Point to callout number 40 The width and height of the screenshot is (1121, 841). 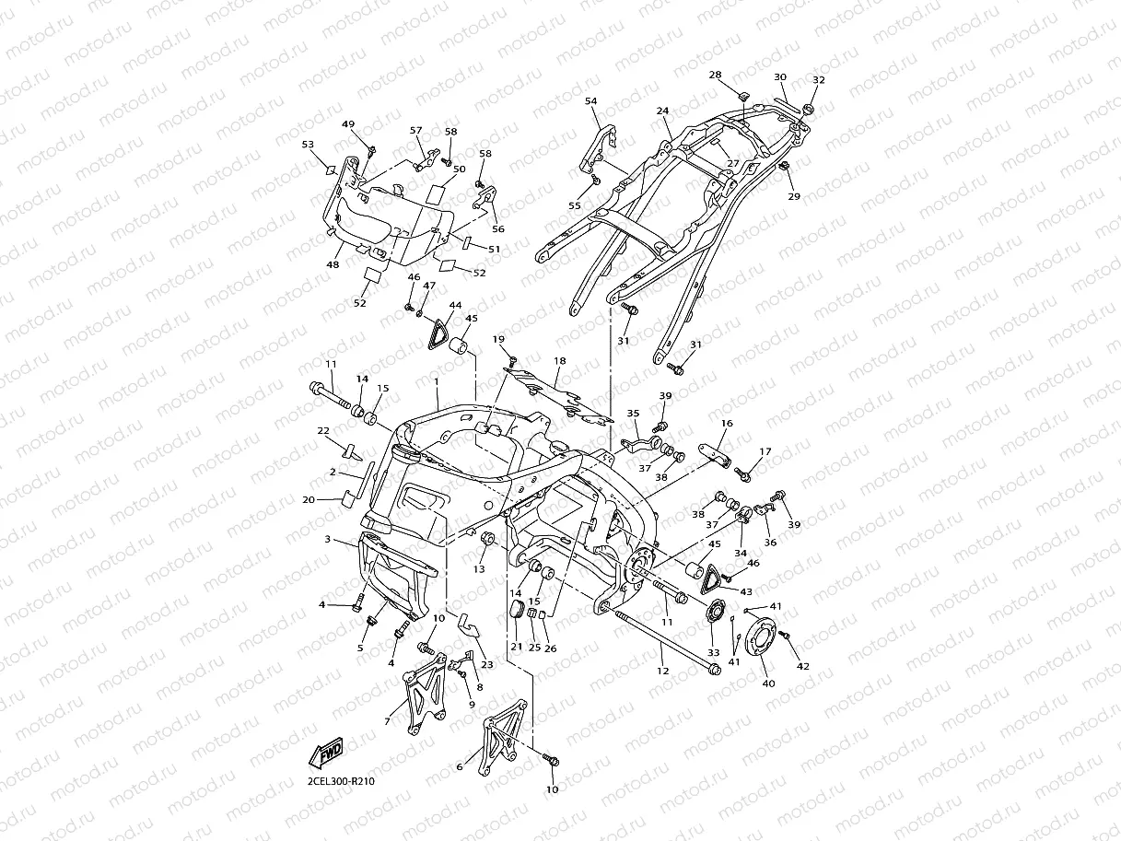(x=767, y=684)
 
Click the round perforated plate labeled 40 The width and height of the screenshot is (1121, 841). (x=762, y=636)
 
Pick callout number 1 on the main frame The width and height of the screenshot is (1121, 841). (x=436, y=380)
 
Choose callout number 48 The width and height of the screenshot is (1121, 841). (x=333, y=264)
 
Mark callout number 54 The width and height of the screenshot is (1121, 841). (x=590, y=100)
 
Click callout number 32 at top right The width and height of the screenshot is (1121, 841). (x=818, y=81)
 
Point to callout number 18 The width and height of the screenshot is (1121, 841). (x=559, y=361)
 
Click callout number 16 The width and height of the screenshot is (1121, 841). (x=727, y=424)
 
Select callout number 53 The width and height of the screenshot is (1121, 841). (x=308, y=145)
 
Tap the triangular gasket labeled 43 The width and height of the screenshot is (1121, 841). (x=710, y=579)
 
